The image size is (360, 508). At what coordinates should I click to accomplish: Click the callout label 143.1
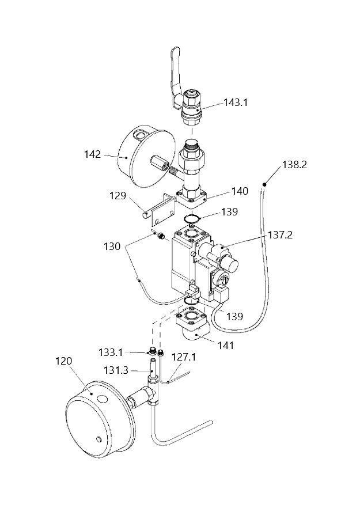[236, 103]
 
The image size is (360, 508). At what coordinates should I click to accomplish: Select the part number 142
[93, 154]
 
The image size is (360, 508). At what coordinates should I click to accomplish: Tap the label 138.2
[294, 165]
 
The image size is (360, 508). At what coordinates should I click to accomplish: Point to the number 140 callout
[240, 191]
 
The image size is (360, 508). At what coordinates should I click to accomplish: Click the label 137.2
[281, 234]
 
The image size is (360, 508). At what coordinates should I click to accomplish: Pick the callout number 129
[118, 196]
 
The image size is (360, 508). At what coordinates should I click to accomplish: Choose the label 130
[112, 247]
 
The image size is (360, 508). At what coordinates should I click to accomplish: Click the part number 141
[226, 346]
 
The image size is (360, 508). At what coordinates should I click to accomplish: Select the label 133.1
[111, 352]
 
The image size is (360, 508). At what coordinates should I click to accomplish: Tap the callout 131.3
[116, 370]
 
